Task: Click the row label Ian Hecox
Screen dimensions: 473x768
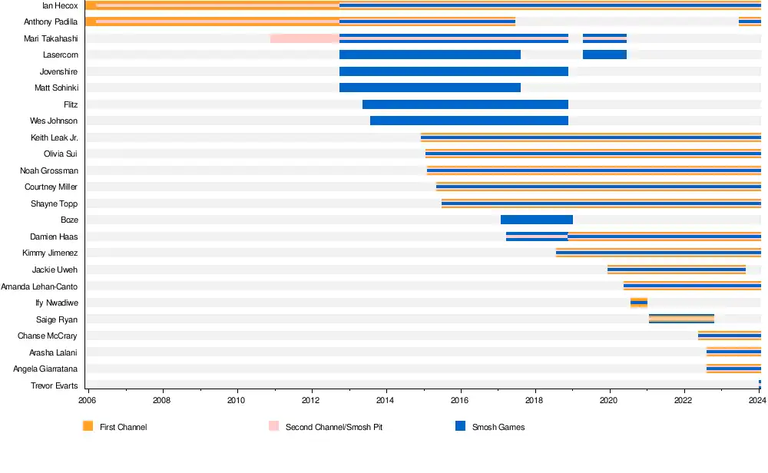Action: click(x=60, y=5)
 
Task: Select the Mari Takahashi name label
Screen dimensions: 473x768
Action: click(x=51, y=38)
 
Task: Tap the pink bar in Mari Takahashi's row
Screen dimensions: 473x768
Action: click(x=304, y=38)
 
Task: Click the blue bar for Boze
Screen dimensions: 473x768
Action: click(x=536, y=220)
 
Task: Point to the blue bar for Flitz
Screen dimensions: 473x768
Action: click(x=465, y=104)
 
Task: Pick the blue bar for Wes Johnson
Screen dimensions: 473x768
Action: click(x=468, y=121)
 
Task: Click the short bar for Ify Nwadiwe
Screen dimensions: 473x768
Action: click(x=638, y=303)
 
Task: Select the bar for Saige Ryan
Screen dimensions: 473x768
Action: click(x=681, y=319)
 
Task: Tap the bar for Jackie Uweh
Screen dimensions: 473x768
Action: click(x=676, y=270)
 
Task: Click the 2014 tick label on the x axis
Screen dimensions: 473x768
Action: click(x=386, y=400)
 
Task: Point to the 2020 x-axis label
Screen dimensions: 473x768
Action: click(x=609, y=400)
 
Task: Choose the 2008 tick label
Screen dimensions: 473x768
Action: click(x=162, y=400)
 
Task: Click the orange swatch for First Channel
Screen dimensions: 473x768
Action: click(x=88, y=425)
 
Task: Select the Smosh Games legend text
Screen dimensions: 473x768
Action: click(x=498, y=427)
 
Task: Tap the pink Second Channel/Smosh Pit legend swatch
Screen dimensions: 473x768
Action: click(x=274, y=425)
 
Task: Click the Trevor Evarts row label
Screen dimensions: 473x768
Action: click(x=54, y=385)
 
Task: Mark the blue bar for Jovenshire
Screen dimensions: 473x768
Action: click(x=453, y=71)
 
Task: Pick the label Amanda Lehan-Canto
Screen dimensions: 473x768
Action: click(x=39, y=286)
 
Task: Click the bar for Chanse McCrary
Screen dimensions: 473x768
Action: click(x=729, y=336)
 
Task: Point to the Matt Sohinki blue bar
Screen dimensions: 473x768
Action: click(x=429, y=88)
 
